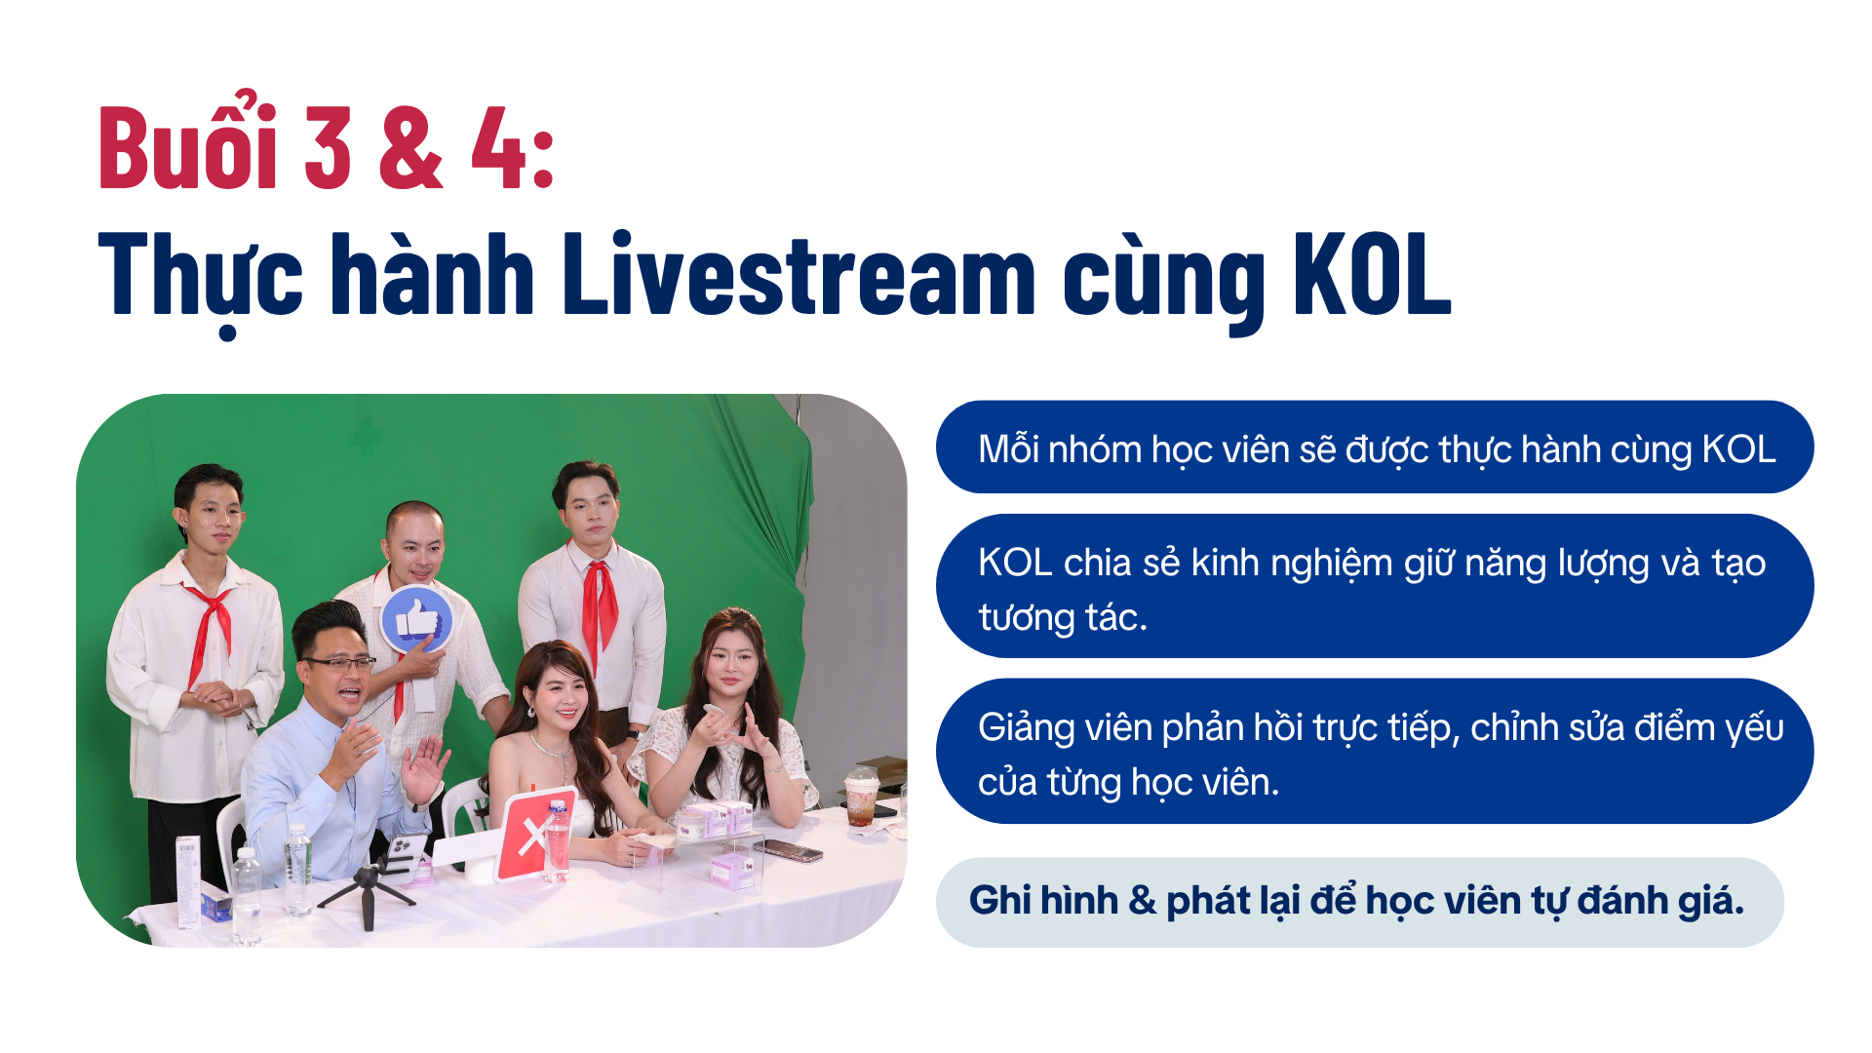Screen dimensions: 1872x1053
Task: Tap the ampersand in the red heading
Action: (410, 147)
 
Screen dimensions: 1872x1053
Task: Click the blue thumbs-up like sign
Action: (416, 619)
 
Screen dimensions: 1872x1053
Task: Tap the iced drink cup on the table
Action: (861, 795)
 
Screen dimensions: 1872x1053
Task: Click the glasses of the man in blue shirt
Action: (338, 664)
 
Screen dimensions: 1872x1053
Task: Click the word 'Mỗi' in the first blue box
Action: (1007, 449)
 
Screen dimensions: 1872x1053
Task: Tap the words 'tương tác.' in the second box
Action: (1063, 617)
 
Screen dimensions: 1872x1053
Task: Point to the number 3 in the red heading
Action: (328, 147)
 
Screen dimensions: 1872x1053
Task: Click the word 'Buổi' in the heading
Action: (187, 142)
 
